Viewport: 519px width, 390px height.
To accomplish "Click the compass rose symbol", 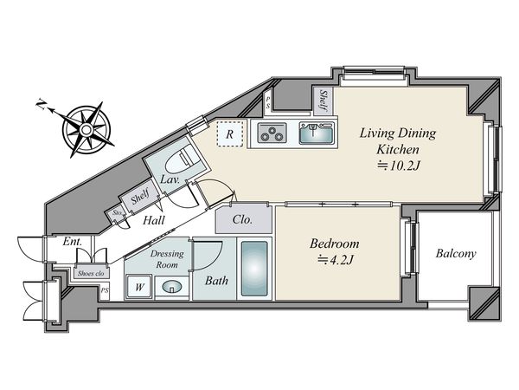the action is [x=86, y=129].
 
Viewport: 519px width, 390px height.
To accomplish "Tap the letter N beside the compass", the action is [x=41, y=105].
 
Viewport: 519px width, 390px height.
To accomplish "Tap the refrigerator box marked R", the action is [x=230, y=134].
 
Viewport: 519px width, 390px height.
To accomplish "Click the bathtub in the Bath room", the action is [x=254, y=269].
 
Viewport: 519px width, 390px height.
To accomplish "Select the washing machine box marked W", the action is [x=139, y=287].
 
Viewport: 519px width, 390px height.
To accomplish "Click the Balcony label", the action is [x=456, y=253].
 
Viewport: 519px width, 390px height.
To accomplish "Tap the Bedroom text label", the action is [x=334, y=244].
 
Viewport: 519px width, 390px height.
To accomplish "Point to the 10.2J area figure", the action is [x=399, y=166].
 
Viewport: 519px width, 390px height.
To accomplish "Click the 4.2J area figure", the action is [x=336, y=259].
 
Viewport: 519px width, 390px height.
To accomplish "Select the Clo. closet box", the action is [x=244, y=219].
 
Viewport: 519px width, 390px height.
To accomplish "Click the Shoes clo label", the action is [x=91, y=274].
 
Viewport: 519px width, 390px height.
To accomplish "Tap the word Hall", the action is [x=154, y=220].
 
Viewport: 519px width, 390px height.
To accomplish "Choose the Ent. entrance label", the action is [x=72, y=241].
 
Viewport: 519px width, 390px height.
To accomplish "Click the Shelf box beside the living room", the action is [x=323, y=101].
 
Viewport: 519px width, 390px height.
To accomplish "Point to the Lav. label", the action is [x=170, y=179].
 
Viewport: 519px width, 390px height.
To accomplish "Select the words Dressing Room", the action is [x=167, y=259].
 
